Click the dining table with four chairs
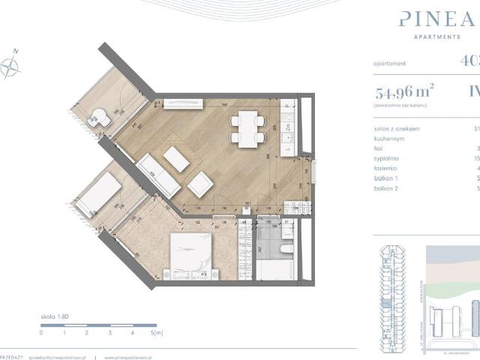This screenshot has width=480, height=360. pos(245,127)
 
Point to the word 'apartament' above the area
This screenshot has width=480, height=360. pos(390,64)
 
